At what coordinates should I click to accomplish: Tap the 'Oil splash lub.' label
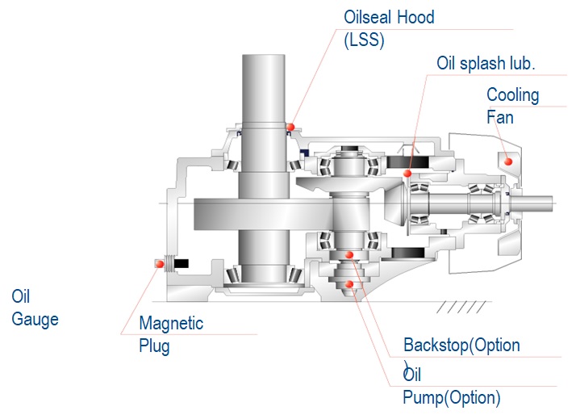pos(485,63)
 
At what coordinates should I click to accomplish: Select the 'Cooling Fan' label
pos(512,106)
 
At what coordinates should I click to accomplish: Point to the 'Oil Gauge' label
pos(35,308)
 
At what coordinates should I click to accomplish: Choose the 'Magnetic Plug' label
pos(171,335)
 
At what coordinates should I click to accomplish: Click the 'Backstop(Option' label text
pos(461,346)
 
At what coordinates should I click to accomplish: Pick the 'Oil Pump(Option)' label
pos(451,387)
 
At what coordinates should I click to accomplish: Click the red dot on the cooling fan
pos(508,161)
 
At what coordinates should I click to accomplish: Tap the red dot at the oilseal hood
pos(290,126)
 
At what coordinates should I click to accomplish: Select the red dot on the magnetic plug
pos(156,263)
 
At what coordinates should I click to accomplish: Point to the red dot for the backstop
pos(349,255)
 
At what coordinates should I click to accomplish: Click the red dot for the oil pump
pos(349,284)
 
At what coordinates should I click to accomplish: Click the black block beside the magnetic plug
pos(182,263)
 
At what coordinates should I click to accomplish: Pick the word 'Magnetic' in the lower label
pos(171,324)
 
